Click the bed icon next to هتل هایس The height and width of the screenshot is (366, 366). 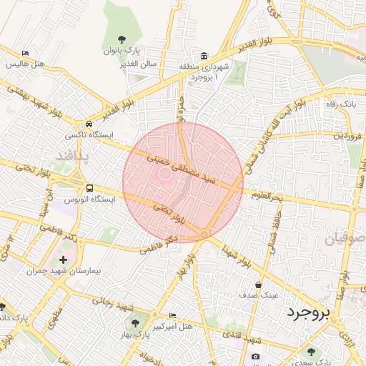point(25,53)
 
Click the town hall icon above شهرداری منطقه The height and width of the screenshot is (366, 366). point(204,56)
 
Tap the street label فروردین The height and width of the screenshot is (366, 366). point(347,134)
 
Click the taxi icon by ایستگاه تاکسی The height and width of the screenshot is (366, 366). point(89,123)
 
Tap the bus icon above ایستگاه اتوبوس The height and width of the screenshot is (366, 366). point(90,188)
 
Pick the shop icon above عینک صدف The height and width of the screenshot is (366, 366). point(268,284)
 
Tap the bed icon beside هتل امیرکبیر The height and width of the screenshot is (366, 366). point(172,315)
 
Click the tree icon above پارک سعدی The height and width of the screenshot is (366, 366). point(311,351)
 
